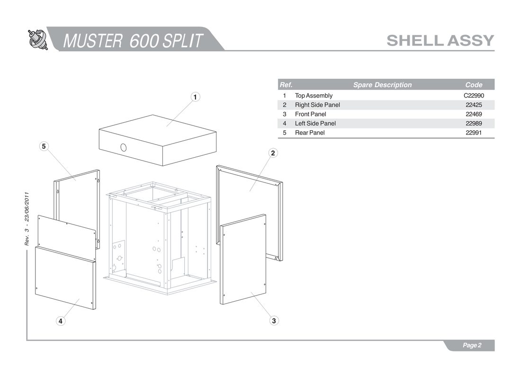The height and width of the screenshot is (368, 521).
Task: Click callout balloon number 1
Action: pos(195,97)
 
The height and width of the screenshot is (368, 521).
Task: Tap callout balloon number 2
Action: pos(273,153)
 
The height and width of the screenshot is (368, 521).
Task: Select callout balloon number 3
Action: pos(274,321)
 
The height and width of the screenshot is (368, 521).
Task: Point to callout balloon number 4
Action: pos(61,321)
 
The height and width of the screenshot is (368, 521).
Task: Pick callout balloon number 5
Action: pos(44,146)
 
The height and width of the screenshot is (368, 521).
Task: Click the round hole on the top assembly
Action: pos(123,147)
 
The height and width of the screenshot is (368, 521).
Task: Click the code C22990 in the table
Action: pos(474,96)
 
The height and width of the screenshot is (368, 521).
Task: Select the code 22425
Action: pos(474,105)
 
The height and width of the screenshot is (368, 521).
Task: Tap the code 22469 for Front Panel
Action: pos(474,114)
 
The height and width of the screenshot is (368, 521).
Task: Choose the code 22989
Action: pos(474,124)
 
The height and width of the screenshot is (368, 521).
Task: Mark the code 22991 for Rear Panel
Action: pos(474,133)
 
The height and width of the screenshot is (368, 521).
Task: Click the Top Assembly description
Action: pos(314,96)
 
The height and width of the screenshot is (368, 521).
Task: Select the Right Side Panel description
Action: pos(317,105)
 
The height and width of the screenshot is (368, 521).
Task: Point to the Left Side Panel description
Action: pos(315,124)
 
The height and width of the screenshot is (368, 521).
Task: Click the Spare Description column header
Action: pos(382,85)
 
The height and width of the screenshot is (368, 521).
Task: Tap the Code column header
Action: pos(474,85)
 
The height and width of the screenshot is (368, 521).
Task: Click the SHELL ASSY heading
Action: pos(440,41)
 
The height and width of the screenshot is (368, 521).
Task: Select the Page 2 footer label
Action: pos(472,345)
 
